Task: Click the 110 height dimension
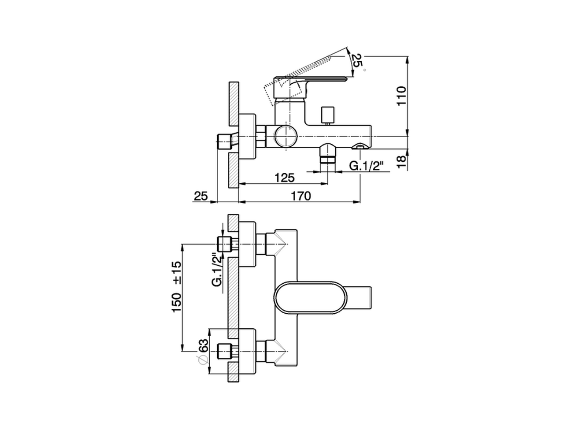click(x=401, y=96)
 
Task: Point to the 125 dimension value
click(x=284, y=178)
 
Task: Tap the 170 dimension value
click(x=301, y=196)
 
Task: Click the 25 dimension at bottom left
click(x=200, y=196)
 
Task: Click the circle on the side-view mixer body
click(x=285, y=136)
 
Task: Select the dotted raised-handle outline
click(x=304, y=75)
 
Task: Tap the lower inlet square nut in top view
click(x=225, y=351)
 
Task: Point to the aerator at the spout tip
click(x=360, y=146)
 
